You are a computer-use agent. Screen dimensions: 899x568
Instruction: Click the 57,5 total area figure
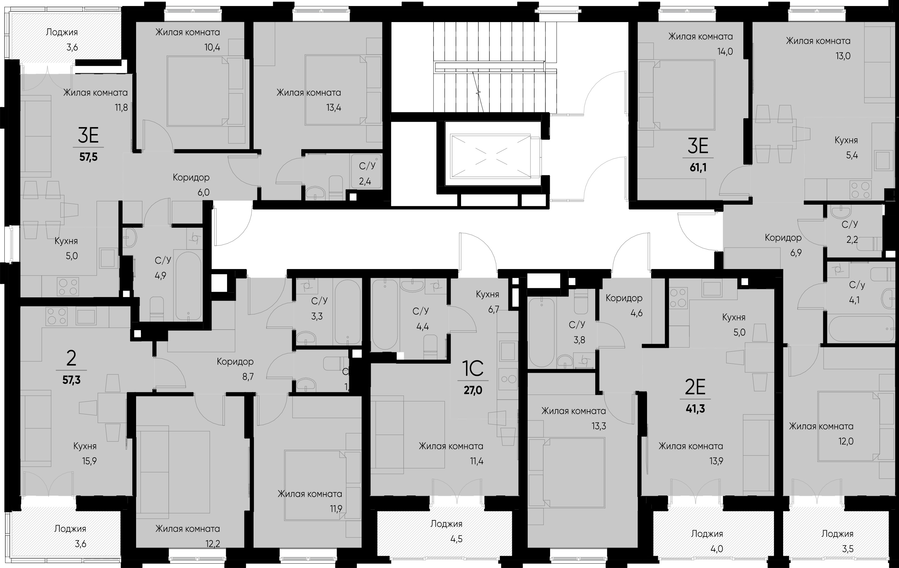coord(88,157)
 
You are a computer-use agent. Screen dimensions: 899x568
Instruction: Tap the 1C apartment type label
coord(473,368)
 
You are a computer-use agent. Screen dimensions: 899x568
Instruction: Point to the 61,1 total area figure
coord(698,167)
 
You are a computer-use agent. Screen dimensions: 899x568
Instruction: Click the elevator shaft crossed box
coord(491,155)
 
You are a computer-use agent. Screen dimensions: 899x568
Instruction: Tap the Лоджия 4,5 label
coord(447,531)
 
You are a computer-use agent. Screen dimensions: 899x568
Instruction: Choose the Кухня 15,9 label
coord(85,454)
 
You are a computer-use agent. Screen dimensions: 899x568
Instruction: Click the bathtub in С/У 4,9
coord(188,286)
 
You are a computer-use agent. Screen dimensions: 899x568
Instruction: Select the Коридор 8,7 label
coord(235,369)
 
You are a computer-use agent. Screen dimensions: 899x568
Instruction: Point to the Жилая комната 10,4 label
coord(188,39)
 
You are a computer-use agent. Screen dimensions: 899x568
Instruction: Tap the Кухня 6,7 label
coord(488,302)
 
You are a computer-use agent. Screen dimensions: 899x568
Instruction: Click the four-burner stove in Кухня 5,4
coord(860,190)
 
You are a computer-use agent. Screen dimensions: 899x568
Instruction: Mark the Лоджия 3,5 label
coord(837,541)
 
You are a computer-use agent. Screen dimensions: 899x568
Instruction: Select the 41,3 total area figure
coord(695,409)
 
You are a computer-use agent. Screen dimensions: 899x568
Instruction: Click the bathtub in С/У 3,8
coord(542,333)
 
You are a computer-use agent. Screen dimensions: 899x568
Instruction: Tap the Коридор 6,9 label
coord(783,245)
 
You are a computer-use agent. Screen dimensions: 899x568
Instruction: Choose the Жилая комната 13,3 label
coord(574,418)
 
